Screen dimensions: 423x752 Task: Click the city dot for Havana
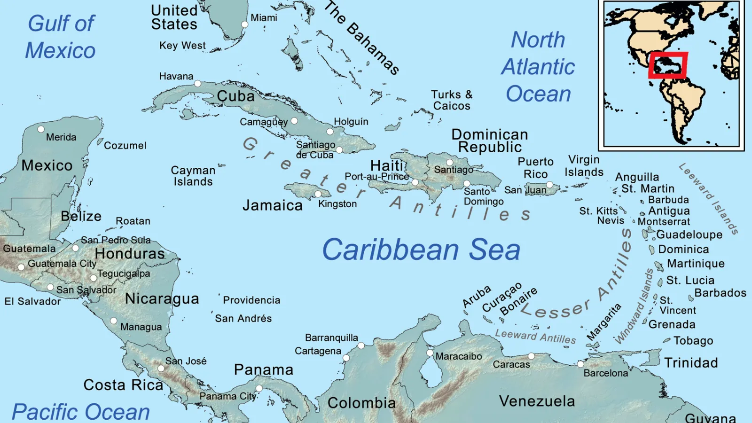(x=198, y=84)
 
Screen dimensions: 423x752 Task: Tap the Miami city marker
(x=244, y=24)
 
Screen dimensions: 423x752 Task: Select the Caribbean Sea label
(x=421, y=250)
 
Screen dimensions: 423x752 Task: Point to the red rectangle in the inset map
(x=668, y=65)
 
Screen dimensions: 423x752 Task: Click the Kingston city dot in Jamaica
(x=318, y=194)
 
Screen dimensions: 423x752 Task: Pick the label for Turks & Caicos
(x=452, y=100)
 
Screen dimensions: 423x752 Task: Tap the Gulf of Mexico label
(x=61, y=37)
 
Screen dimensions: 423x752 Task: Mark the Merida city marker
(x=41, y=129)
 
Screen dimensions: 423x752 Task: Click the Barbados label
(x=720, y=293)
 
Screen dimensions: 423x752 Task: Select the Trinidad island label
(x=691, y=363)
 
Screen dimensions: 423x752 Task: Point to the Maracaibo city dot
(x=430, y=352)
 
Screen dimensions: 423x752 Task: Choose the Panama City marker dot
(x=259, y=388)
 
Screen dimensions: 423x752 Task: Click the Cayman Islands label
(x=193, y=176)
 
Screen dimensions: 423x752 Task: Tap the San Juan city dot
(x=549, y=185)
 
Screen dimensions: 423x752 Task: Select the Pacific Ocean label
(x=81, y=412)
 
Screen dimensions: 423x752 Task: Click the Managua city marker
(x=114, y=321)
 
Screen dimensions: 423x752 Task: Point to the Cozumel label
(x=125, y=146)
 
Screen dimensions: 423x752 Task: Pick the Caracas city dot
(x=531, y=356)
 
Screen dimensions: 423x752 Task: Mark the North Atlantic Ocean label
(x=538, y=67)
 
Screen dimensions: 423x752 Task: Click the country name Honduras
(x=130, y=254)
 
